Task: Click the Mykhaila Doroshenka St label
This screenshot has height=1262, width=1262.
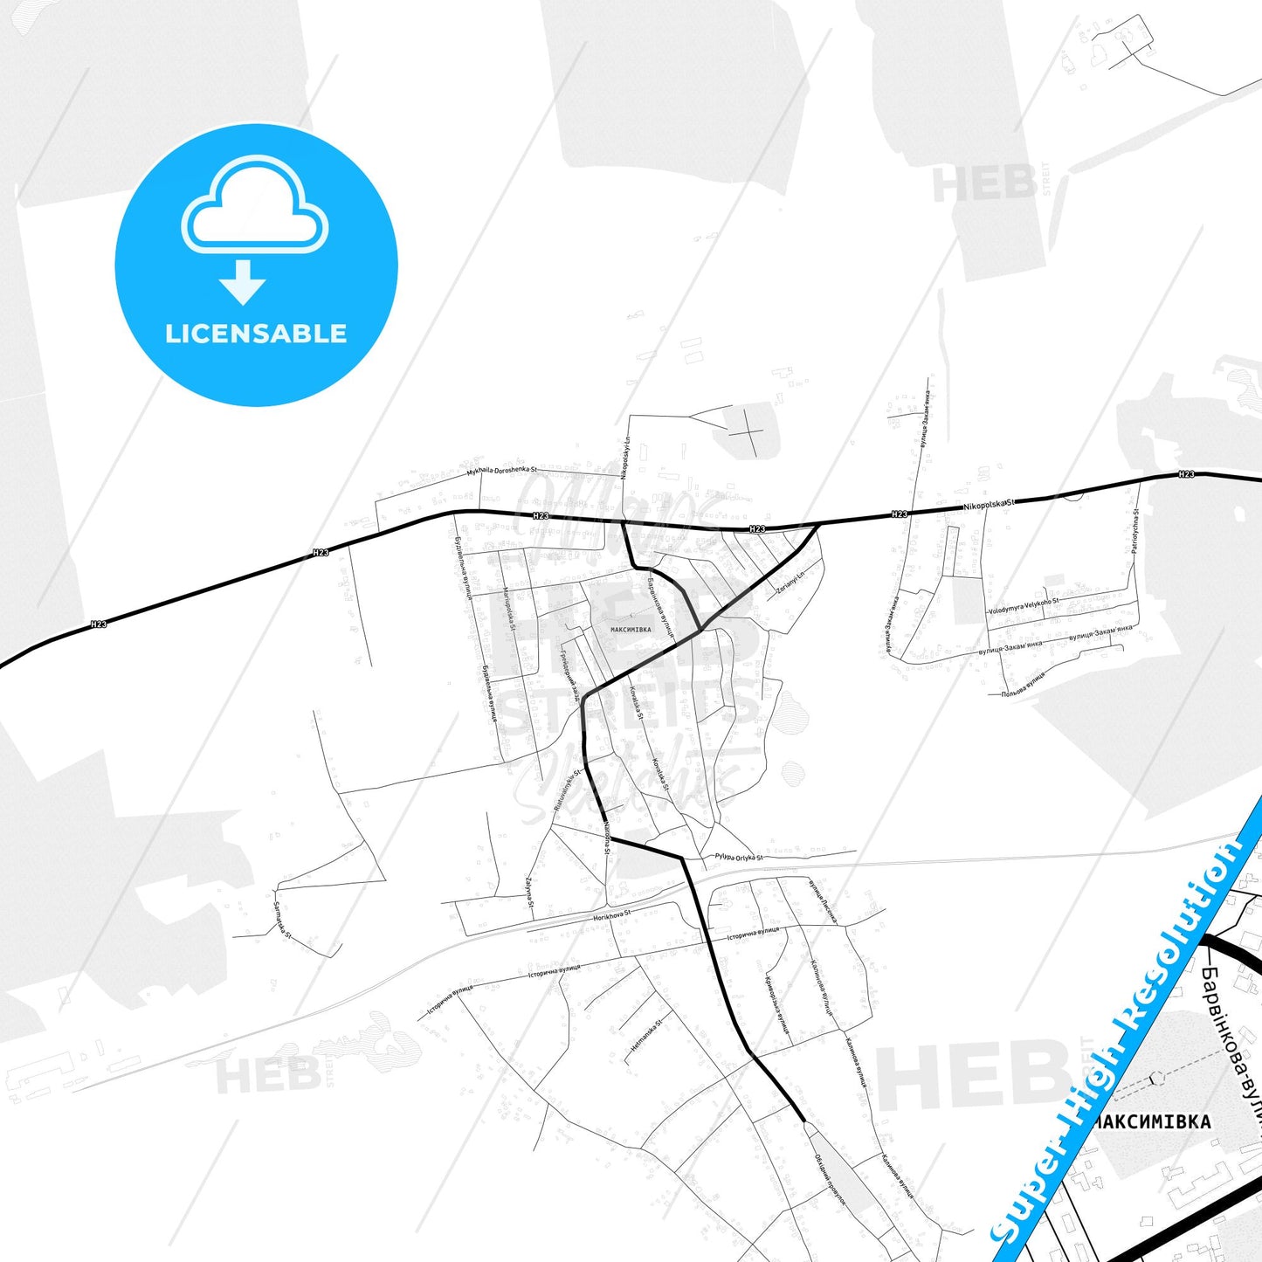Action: click(x=501, y=470)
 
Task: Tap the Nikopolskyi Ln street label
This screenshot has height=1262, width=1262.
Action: click(x=625, y=458)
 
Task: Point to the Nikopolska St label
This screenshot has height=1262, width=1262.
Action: click(x=990, y=505)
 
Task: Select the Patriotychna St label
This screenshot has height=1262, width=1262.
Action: click(x=1134, y=531)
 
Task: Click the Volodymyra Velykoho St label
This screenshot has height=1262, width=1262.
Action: click(x=1024, y=606)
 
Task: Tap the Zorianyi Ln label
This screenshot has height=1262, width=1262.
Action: click(x=789, y=581)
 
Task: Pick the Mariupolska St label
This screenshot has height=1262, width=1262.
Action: click(x=509, y=610)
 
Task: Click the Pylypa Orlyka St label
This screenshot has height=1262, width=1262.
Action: click(x=739, y=857)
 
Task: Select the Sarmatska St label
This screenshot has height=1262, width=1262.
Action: click(x=282, y=920)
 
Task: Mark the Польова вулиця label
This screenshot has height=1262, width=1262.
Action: click(x=1023, y=684)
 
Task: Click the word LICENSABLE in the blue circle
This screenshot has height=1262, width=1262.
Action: click(x=256, y=334)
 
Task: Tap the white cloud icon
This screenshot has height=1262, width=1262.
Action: click(x=254, y=206)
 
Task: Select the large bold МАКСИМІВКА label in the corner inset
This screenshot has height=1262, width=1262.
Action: click(x=1153, y=1121)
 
